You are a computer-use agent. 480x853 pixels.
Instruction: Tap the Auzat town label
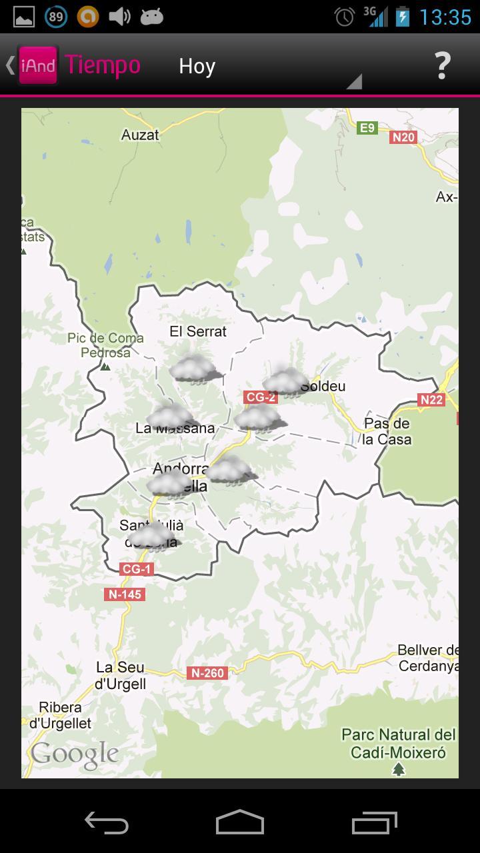140,135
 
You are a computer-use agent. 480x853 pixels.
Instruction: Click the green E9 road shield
367,127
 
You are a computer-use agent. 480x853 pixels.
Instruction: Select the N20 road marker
403,137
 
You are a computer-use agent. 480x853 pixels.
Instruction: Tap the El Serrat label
198,331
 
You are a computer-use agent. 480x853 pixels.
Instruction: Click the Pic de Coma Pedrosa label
105,345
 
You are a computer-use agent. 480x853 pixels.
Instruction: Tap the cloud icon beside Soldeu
285,382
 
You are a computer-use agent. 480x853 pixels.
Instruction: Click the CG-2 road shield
261,397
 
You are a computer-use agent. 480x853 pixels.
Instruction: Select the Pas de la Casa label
387,431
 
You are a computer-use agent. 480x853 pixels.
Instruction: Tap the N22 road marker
431,400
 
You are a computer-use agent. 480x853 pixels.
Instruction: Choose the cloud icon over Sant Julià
152,536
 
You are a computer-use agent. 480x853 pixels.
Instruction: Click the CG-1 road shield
137,569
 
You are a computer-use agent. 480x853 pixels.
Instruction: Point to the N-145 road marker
125,594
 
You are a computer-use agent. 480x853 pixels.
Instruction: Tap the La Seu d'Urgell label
121,675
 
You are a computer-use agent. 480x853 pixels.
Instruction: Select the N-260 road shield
207,673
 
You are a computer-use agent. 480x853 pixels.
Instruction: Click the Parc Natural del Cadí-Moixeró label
399,744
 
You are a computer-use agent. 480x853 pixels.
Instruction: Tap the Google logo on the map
75,754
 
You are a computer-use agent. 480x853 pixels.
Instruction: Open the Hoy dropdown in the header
267,67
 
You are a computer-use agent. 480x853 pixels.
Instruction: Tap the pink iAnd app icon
38,65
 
